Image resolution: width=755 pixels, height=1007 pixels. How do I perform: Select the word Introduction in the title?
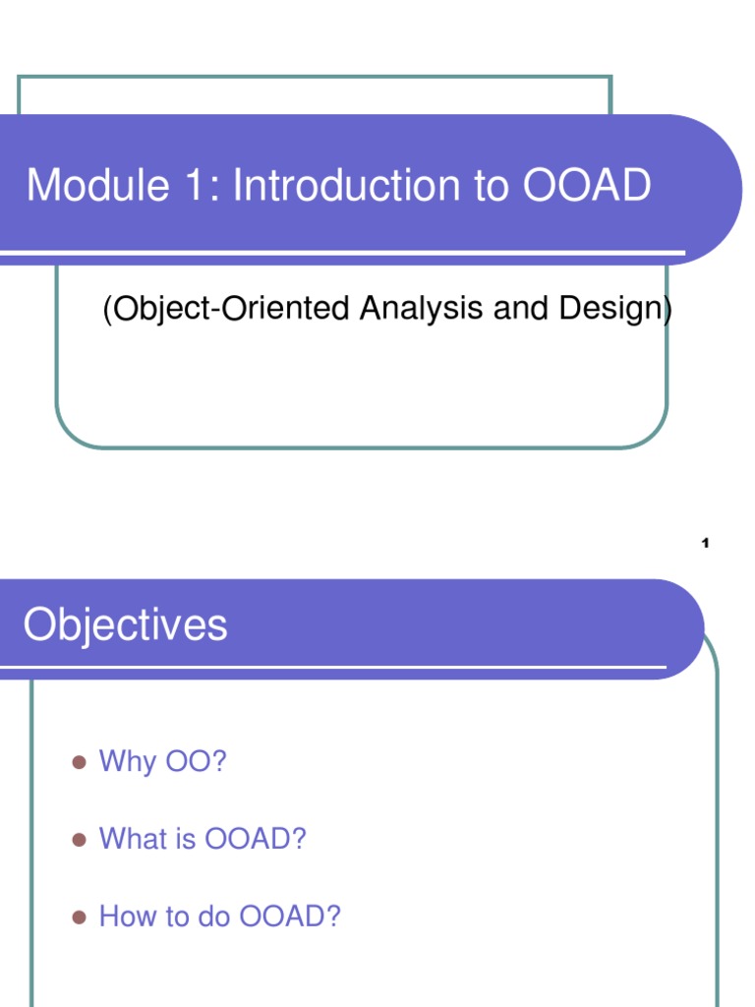349,186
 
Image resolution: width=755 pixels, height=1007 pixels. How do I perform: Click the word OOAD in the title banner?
587,186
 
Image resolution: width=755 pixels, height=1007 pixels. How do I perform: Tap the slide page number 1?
706,544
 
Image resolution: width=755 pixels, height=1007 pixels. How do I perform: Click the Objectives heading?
126,625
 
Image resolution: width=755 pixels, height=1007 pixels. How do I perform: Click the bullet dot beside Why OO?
81,761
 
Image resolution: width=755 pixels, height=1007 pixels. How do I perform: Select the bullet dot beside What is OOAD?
81,839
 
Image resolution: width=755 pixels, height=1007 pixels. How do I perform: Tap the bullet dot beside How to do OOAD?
81,918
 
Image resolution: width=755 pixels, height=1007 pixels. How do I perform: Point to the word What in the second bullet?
135,839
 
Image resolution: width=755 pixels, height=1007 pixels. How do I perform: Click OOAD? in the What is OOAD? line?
256,839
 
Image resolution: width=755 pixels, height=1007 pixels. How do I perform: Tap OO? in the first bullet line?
196,761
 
